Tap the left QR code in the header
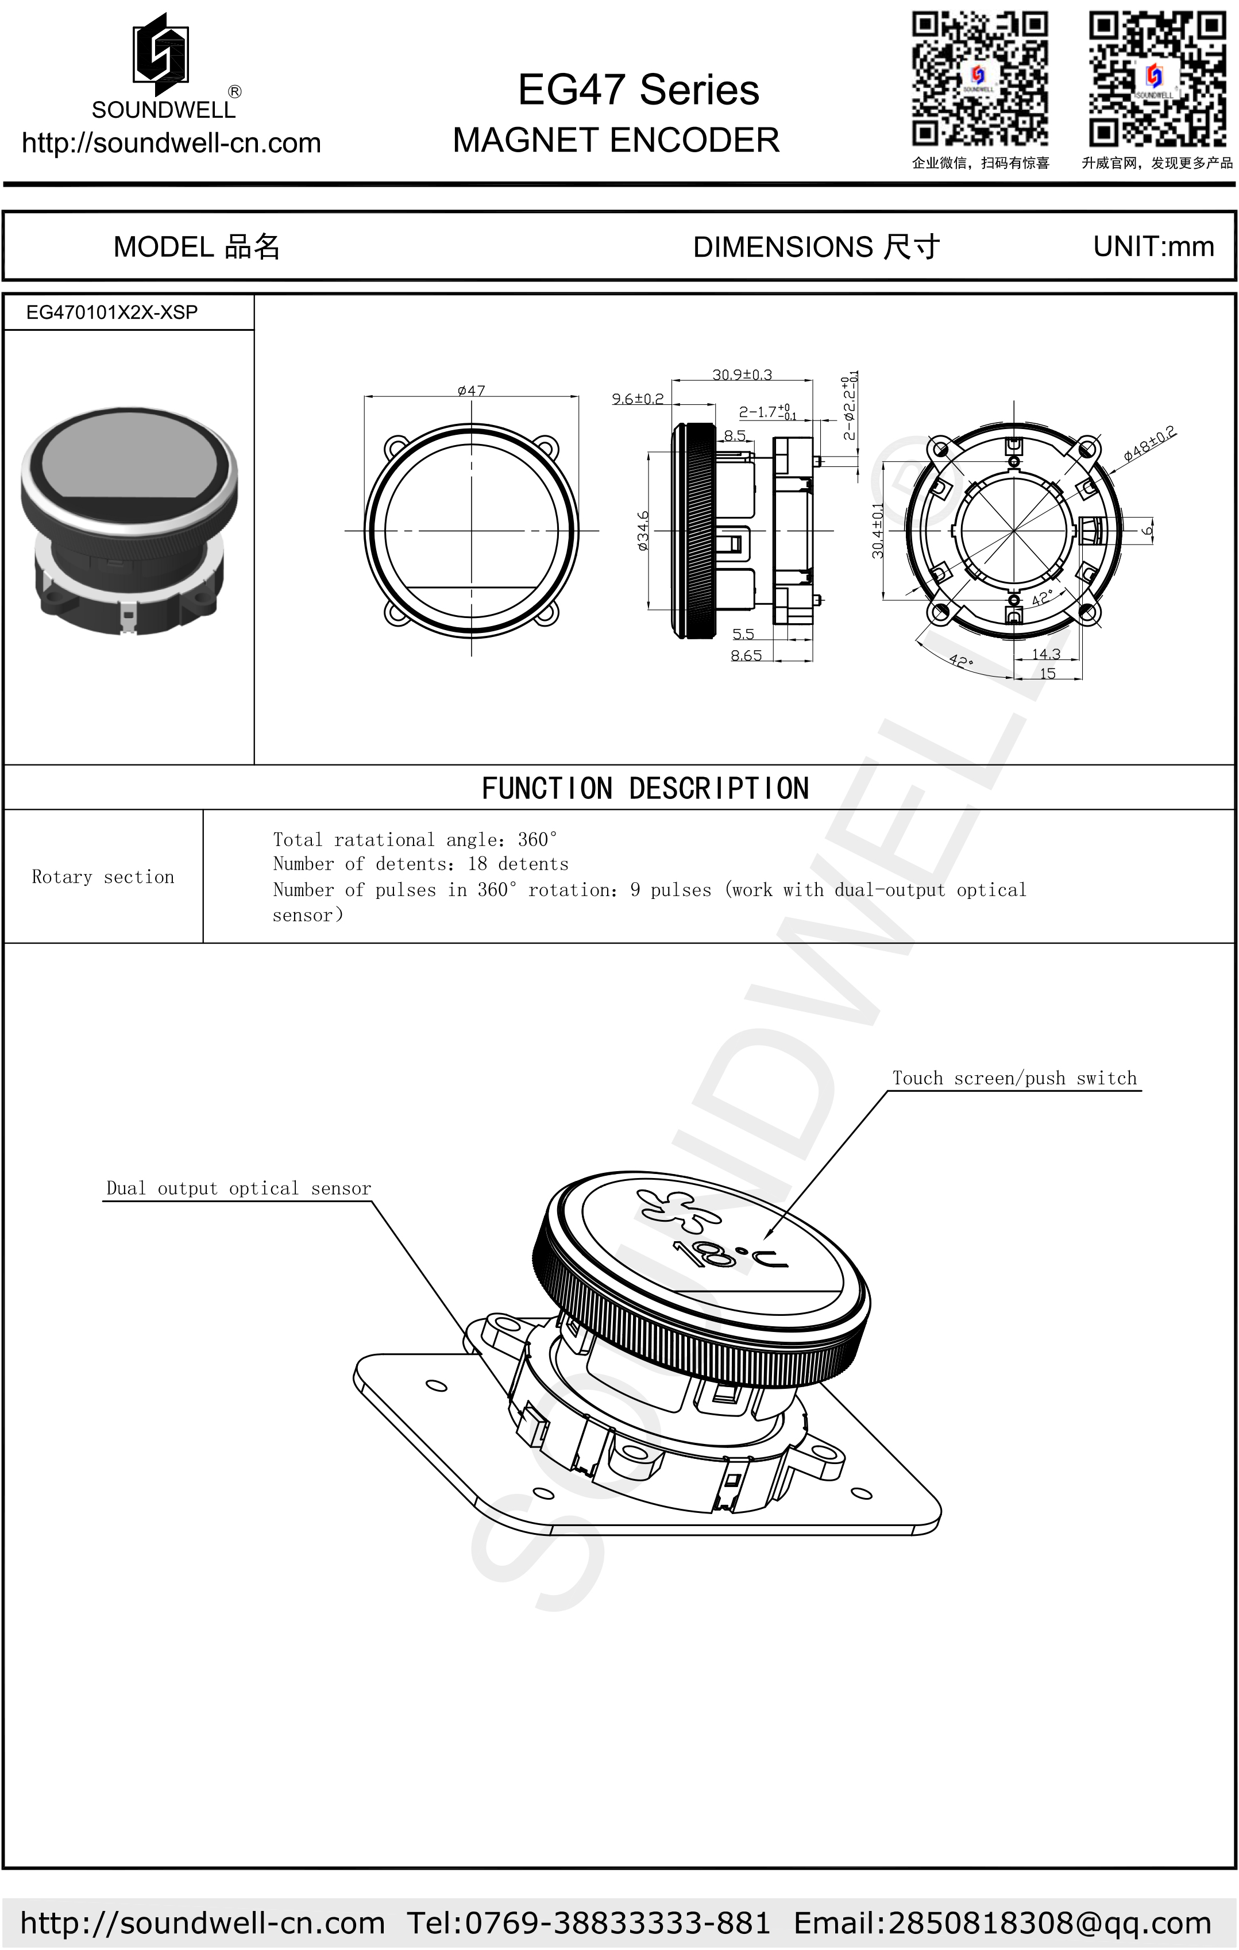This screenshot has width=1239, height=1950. point(980,79)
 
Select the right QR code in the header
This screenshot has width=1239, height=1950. point(1156,79)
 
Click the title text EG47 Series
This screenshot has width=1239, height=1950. point(638,90)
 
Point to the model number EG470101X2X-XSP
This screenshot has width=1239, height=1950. point(112,312)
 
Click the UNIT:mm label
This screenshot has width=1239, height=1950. point(1153,246)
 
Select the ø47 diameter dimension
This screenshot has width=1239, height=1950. point(472,391)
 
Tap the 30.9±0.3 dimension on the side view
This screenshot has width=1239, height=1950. point(742,374)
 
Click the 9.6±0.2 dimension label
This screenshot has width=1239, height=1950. point(638,399)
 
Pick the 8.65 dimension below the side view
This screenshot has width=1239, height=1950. point(746,655)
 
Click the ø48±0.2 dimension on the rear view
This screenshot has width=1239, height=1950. point(1149,445)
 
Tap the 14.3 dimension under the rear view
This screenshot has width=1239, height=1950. point(1045,654)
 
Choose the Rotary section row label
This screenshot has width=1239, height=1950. point(103,877)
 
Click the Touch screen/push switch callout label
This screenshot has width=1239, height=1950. point(1014,1078)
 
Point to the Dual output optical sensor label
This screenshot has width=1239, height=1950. point(238,1188)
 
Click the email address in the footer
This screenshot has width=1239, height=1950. point(1002,1922)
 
